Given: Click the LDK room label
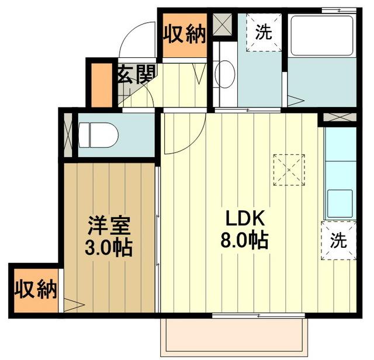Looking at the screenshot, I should point(246,219).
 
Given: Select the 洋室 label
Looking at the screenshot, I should point(109,226).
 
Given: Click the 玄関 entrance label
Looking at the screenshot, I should point(136,74).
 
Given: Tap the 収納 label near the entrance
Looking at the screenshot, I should point(185,34).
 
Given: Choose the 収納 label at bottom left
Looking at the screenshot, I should point(34,289).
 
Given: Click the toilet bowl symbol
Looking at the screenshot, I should point(99,136).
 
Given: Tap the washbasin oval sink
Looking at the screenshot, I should point(224,74).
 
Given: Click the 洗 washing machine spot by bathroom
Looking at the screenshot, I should point(264,33).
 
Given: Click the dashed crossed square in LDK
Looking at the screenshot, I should point(289,169).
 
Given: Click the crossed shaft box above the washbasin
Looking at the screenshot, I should point(223,23).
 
